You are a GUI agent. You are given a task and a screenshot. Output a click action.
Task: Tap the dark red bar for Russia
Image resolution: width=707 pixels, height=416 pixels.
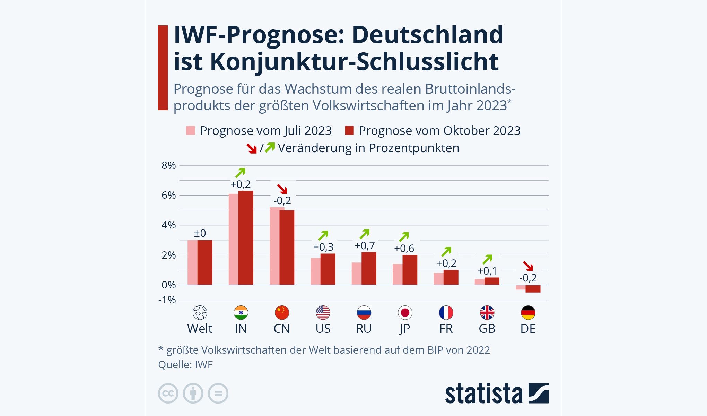[x=369, y=268]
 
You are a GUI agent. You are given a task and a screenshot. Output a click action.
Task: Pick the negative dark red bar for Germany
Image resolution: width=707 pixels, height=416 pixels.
[x=533, y=289]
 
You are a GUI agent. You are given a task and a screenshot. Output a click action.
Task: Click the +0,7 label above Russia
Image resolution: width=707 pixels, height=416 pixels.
[x=365, y=246]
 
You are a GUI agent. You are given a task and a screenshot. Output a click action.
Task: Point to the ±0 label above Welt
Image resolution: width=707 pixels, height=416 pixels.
[x=200, y=233]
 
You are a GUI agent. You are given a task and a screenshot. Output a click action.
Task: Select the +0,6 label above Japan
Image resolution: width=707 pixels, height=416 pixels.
[x=404, y=249]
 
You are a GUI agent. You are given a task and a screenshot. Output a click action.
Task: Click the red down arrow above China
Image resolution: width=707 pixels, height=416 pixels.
[x=282, y=189]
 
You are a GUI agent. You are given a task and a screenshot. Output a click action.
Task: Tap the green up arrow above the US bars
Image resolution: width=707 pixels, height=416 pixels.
[x=323, y=235]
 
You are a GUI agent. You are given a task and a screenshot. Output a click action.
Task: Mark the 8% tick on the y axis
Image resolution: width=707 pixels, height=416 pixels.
[x=168, y=165]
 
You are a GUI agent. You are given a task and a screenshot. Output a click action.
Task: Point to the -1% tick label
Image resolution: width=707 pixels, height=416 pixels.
[x=167, y=300]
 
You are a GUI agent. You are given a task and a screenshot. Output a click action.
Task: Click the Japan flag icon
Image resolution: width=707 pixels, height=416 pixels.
[x=405, y=313]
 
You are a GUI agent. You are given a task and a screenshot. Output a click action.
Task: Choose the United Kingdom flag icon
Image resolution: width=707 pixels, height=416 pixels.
[x=487, y=313]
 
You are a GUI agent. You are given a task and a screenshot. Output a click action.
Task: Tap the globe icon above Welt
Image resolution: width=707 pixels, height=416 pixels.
[x=200, y=313]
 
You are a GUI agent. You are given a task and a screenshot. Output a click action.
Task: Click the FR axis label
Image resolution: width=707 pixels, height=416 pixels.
[x=446, y=329]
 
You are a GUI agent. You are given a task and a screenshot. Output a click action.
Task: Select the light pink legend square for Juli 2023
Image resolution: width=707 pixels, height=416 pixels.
[x=191, y=131]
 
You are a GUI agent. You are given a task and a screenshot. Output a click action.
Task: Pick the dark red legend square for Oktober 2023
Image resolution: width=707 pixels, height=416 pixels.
[x=349, y=131]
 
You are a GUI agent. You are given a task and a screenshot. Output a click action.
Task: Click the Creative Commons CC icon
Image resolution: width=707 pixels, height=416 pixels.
[x=168, y=393]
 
